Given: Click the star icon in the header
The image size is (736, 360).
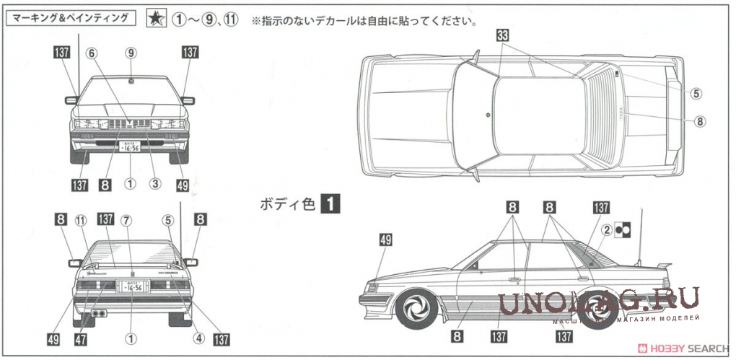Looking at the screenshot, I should tap(155, 19).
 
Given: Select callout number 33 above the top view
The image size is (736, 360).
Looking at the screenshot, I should tap(503, 35).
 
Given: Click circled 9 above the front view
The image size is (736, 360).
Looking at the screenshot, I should tap(131, 52).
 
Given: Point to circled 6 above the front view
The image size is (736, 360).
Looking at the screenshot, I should tap(91, 52).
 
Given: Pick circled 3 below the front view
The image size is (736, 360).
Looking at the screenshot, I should tap(154, 183).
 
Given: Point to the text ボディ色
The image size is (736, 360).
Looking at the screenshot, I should tap(288, 204).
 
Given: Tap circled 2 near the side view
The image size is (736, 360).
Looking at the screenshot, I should tap(608, 230).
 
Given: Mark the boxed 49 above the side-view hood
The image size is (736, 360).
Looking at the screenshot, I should tap(386, 240).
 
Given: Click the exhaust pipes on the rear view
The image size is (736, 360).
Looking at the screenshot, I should tap(99, 315).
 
